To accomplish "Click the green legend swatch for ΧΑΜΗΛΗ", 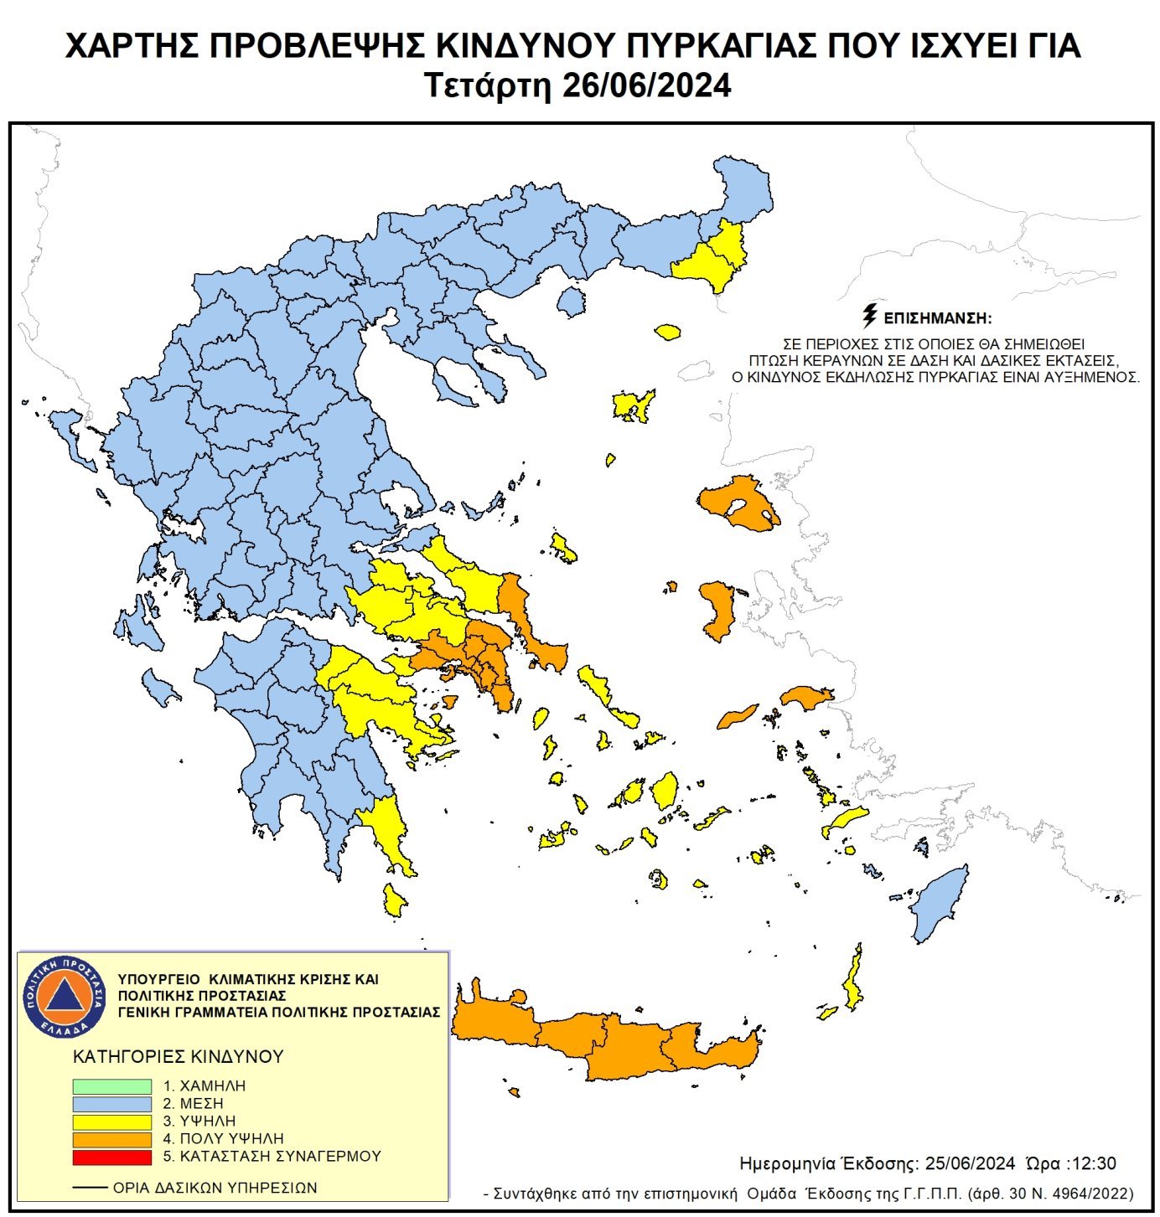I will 111,1086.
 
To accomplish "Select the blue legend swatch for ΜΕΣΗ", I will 111,1103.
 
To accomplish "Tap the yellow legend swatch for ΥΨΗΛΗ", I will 111,1121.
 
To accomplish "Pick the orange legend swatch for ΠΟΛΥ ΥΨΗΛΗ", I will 111,1139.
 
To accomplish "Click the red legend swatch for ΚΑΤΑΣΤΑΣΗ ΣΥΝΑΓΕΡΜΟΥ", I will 111,1157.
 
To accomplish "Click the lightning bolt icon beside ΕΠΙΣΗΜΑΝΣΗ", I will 870,316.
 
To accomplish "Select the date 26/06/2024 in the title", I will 646,86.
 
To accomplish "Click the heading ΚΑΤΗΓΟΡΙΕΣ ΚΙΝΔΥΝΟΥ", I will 179,1056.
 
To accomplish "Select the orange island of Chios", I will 718,609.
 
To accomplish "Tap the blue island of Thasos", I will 572,301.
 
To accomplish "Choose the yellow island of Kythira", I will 393,900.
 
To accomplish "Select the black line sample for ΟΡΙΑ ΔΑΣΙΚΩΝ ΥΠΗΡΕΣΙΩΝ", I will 90,1188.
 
